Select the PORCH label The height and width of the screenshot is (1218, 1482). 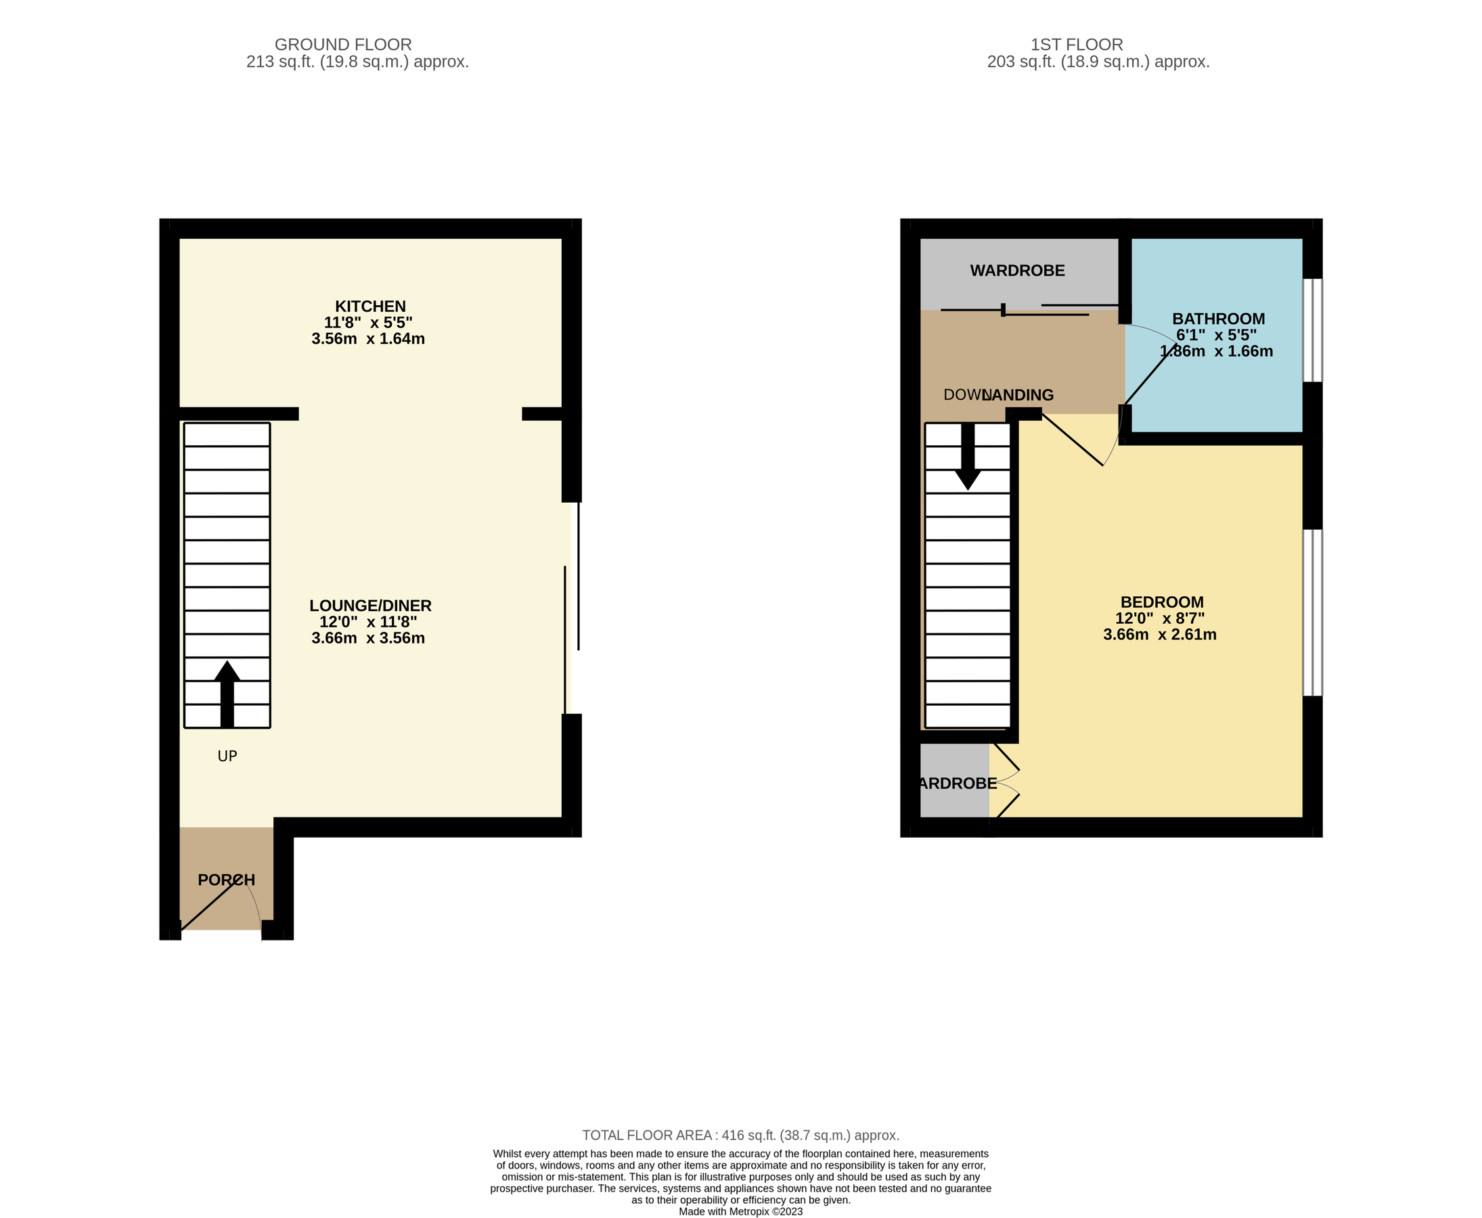click(x=226, y=880)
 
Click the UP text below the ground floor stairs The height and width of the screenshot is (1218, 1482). click(x=227, y=757)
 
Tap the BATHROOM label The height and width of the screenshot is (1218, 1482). click(x=1218, y=319)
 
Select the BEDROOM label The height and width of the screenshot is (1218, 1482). click(x=1161, y=602)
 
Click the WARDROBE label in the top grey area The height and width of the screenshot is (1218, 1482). click(x=1017, y=271)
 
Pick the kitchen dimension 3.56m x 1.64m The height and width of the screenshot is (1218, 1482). click(x=367, y=339)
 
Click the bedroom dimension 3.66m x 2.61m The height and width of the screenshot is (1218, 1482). click(x=1159, y=635)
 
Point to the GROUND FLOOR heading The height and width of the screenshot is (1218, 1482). click(x=342, y=45)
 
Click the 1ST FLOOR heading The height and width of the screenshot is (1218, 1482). click(x=1077, y=45)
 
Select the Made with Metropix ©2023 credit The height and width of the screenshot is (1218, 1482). click(x=740, y=1212)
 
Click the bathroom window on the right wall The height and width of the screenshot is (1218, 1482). click(x=1312, y=330)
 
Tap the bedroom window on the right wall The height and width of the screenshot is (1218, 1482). click(x=1312, y=612)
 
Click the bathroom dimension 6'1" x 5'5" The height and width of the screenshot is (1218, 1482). click(x=1216, y=336)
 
